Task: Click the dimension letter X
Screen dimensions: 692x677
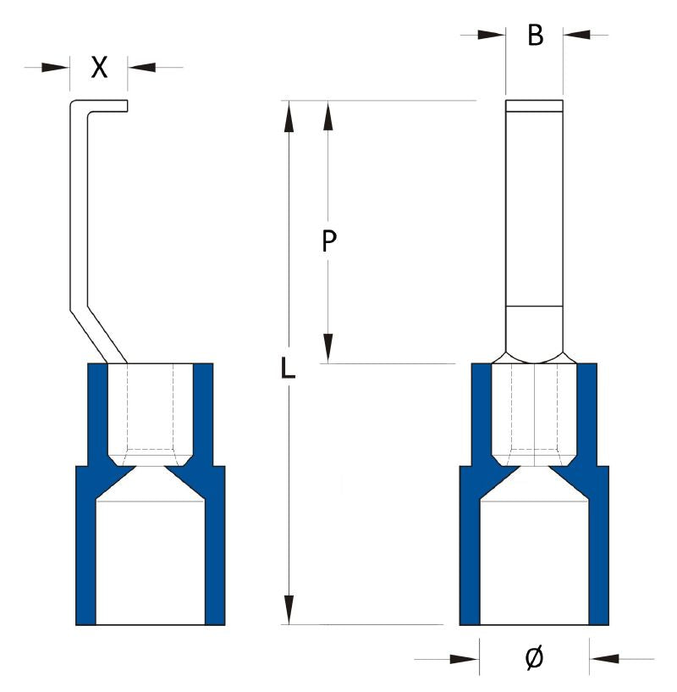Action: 99,68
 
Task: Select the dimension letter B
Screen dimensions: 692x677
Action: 535,36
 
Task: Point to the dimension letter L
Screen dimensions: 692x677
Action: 289,368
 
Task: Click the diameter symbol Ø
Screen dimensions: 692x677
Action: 534,657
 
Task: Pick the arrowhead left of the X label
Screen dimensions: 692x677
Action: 58,67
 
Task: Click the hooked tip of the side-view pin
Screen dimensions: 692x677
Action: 118,106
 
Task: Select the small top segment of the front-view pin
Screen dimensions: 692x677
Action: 534,107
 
